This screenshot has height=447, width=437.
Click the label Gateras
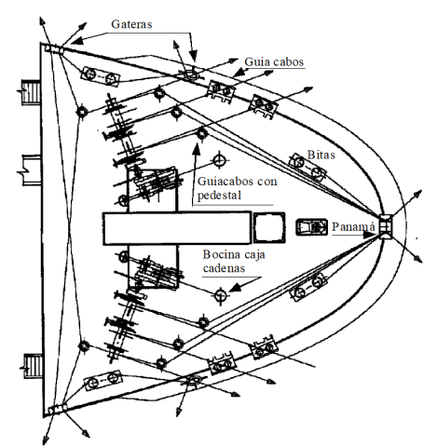pyautogui.click(x=131, y=24)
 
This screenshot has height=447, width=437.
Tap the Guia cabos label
pyautogui.click(x=274, y=61)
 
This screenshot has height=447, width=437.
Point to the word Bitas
pyautogui.click(x=321, y=155)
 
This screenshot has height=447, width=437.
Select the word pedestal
pyautogui.click(x=219, y=196)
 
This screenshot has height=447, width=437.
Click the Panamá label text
pyautogui.click(x=353, y=226)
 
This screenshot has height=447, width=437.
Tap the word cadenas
pyautogui.click(x=224, y=268)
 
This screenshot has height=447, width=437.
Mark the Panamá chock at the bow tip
pyautogui.click(x=386, y=227)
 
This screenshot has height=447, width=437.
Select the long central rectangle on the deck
pyautogui.click(x=177, y=228)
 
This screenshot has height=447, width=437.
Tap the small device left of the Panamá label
pyautogui.click(x=311, y=227)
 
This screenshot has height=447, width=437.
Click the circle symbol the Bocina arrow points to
pyautogui.click(x=220, y=294)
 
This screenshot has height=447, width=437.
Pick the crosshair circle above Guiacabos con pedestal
pyautogui.click(x=220, y=160)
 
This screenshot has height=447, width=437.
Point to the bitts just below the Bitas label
pyautogui.click(x=307, y=167)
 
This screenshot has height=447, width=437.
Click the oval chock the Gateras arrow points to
pyautogui.click(x=189, y=74)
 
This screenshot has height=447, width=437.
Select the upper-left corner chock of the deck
pyautogui.click(x=54, y=49)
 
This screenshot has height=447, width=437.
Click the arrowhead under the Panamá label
pyautogui.click(x=370, y=235)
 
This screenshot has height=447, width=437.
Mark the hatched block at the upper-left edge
pyautogui.click(x=31, y=92)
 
